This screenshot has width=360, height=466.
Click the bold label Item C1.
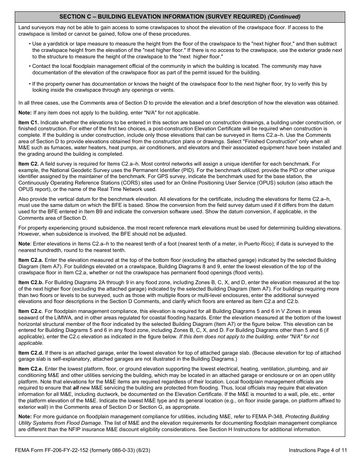tap(28, 122)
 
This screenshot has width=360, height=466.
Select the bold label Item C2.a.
tap(31, 260)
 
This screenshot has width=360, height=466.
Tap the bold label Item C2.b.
tap(31, 282)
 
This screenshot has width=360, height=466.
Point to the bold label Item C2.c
tap(30, 311)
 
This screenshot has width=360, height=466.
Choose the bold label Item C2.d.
tap(31, 353)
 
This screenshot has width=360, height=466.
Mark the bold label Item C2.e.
tap(31, 369)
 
